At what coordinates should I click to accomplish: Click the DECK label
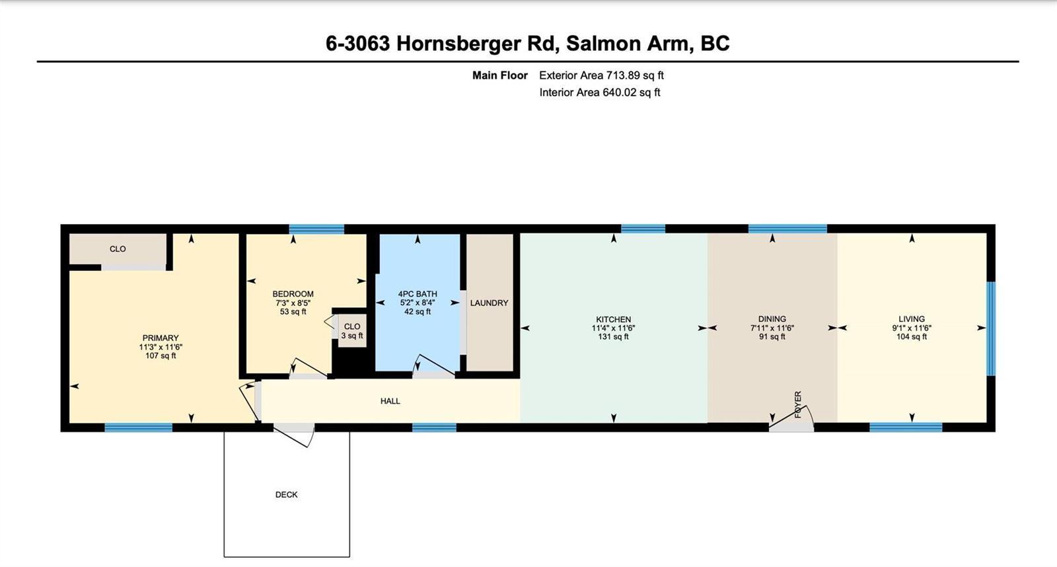pos(287,494)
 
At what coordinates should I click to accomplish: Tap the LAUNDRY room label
pos(489,303)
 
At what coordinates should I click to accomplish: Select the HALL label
pos(390,401)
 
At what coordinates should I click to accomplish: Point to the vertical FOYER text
pos(798,404)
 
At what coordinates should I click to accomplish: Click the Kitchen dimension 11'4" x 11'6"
pos(614,328)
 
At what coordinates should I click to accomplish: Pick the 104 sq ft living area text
pos(912,336)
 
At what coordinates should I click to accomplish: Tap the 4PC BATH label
pos(418,293)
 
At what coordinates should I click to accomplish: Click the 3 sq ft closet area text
pos(352,336)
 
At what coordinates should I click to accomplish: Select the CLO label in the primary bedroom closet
pos(118,248)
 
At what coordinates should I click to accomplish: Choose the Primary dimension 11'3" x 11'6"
pos(161,347)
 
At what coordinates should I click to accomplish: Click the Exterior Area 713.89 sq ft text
pos(602,75)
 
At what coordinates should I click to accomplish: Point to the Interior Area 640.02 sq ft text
pos(600,92)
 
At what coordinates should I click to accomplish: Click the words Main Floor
pos(499,75)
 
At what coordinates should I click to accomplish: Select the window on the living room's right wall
pos(992,328)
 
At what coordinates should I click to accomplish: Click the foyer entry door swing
pos(792,418)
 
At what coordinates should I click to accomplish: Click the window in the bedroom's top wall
pos(316,229)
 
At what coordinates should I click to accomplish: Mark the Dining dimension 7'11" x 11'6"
pos(772,328)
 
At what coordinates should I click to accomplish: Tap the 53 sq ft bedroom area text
pos(293,312)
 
